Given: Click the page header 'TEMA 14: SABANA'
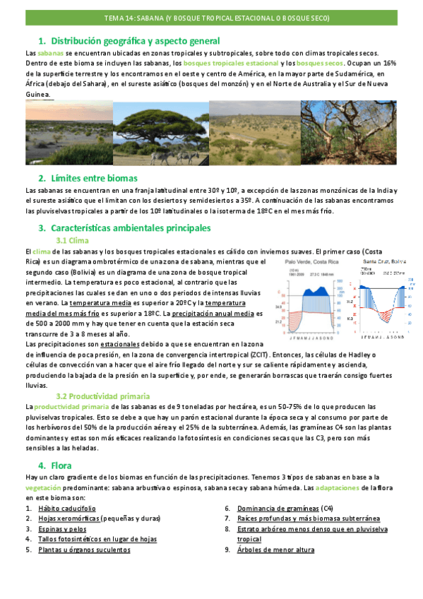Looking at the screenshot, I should (211, 18).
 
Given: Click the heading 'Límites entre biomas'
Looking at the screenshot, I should (93, 178).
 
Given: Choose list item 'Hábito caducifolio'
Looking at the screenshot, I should (67, 508).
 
